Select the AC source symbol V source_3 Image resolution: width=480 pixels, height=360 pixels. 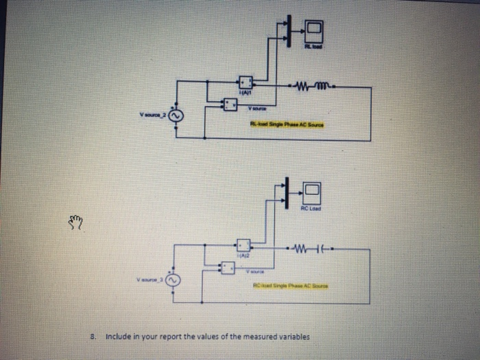171,280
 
